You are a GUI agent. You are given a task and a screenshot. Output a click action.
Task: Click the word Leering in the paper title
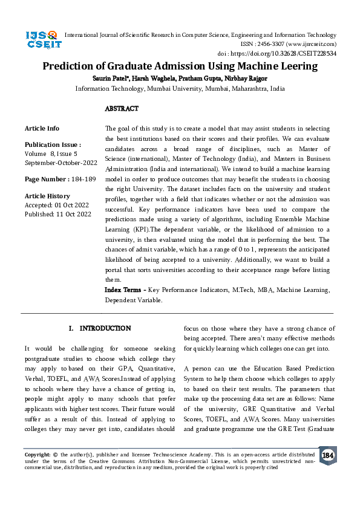tap(296, 66)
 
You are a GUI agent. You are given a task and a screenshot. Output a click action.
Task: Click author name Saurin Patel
tap(112, 79)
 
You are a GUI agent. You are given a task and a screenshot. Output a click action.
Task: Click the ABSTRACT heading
tap(122, 109)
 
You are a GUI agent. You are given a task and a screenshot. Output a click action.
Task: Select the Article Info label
tap(42, 128)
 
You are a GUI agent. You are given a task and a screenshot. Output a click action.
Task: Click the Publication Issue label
tap(51, 145)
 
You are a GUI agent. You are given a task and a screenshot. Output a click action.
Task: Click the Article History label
tap(47, 196)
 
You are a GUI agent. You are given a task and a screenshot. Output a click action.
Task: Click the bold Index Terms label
tap(125, 290)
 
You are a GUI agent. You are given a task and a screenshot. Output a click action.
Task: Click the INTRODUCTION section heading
tap(105, 328)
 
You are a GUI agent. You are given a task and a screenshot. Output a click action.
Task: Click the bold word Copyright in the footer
tap(37, 454)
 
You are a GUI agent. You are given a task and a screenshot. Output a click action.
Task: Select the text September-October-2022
tap(61, 163)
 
